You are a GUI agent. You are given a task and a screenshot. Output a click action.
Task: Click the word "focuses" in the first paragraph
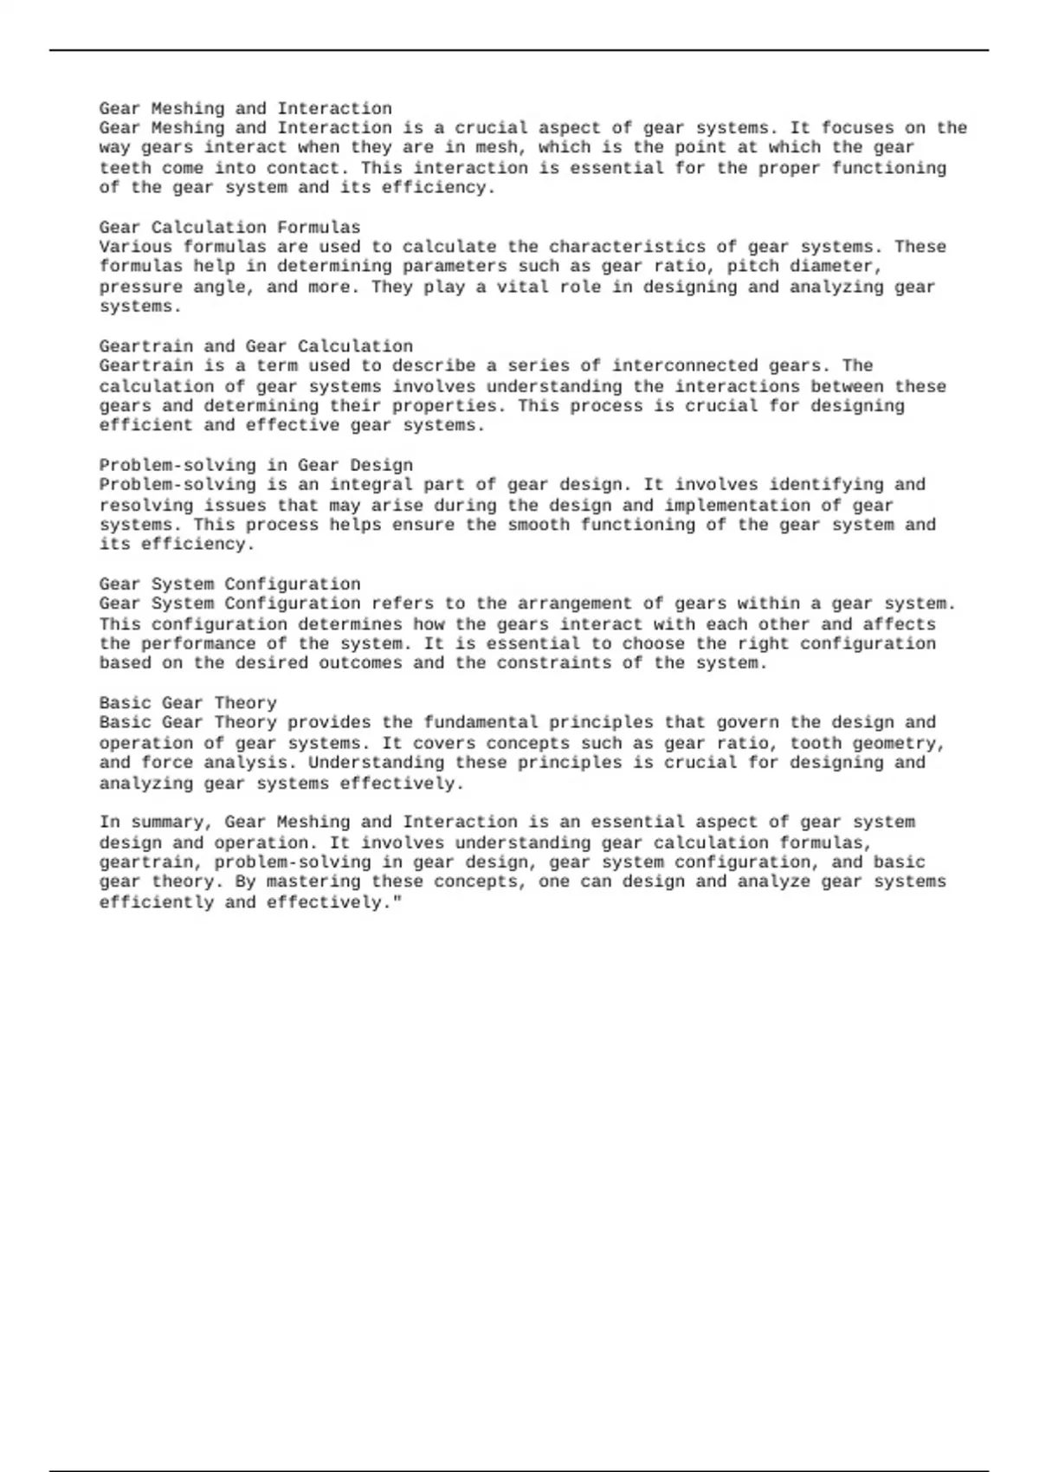[857, 128]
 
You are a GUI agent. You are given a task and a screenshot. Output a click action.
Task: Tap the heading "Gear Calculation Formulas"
[229, 227]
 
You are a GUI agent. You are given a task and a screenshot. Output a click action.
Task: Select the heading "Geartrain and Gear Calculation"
[255, 346]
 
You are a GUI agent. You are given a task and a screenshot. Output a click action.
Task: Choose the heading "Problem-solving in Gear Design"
[255, 465]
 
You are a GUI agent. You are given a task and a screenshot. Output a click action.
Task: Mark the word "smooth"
[538, 525]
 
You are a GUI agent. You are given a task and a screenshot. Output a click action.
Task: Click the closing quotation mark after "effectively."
[397, 902]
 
